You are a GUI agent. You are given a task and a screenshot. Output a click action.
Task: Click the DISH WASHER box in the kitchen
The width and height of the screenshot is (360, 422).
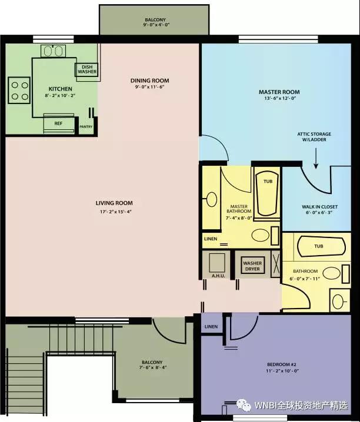tap(86, 69)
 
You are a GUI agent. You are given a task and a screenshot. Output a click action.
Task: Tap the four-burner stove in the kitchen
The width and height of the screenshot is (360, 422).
tap(19, 91)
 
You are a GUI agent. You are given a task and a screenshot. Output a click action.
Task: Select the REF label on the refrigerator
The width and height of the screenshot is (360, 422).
tap(58, 123)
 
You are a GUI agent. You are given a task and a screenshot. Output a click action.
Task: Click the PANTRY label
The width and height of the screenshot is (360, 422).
tap(86, 126)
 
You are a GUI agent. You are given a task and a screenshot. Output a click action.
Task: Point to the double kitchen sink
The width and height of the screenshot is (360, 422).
tap(54, 51)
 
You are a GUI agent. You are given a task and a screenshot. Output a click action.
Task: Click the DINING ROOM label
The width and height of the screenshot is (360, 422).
tap(150, 81)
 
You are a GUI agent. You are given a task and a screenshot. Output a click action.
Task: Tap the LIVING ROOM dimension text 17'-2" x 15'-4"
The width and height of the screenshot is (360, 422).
tap(116, 212)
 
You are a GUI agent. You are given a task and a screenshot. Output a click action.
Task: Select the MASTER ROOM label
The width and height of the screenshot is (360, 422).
tap(279, 92)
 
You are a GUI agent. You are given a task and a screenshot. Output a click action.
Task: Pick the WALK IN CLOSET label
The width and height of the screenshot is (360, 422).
tap(319, 207)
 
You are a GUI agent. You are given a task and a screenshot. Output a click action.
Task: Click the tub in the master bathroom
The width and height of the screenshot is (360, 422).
tap(268, 194)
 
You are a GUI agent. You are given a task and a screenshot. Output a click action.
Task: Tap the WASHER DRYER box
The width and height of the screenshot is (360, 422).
tap(252, 266)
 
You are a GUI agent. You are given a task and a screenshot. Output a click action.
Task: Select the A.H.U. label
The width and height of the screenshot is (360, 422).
tap(218, 276)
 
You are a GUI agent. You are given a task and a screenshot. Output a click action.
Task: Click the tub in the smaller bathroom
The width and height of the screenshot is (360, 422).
tap(321, 246)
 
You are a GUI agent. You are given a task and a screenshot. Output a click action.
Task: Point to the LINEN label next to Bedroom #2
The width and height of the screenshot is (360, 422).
tap(211, 326)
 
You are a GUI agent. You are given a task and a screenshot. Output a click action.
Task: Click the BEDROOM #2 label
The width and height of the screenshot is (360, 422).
tap(282, 364)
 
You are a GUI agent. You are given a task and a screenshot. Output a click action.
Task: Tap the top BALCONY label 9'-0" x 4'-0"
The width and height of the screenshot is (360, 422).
tap(155, 22)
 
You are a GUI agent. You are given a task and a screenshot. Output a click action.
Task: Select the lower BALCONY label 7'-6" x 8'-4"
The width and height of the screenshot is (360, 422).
tap(152, 364)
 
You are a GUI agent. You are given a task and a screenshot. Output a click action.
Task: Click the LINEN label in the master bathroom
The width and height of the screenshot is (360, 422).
tap(211, 239)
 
